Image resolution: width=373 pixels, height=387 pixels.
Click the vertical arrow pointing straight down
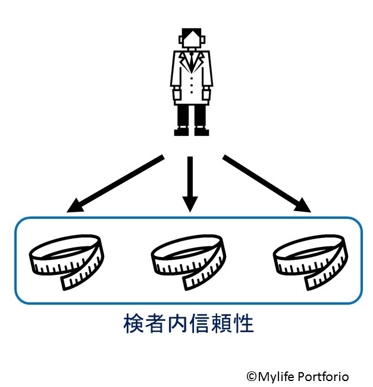tap(190, 182)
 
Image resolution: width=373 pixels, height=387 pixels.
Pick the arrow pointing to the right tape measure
tap(267, 184)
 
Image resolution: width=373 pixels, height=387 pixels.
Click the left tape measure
tap(66, 260)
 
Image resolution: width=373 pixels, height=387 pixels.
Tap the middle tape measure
tap(187, 260)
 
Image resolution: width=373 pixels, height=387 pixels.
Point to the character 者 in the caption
tap(156, 324)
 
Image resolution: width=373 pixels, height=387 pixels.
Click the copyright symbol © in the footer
tap(252, 376)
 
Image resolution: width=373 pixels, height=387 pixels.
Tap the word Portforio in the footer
tap(325, 376)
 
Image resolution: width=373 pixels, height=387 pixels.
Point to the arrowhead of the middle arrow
tap(190, 205)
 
